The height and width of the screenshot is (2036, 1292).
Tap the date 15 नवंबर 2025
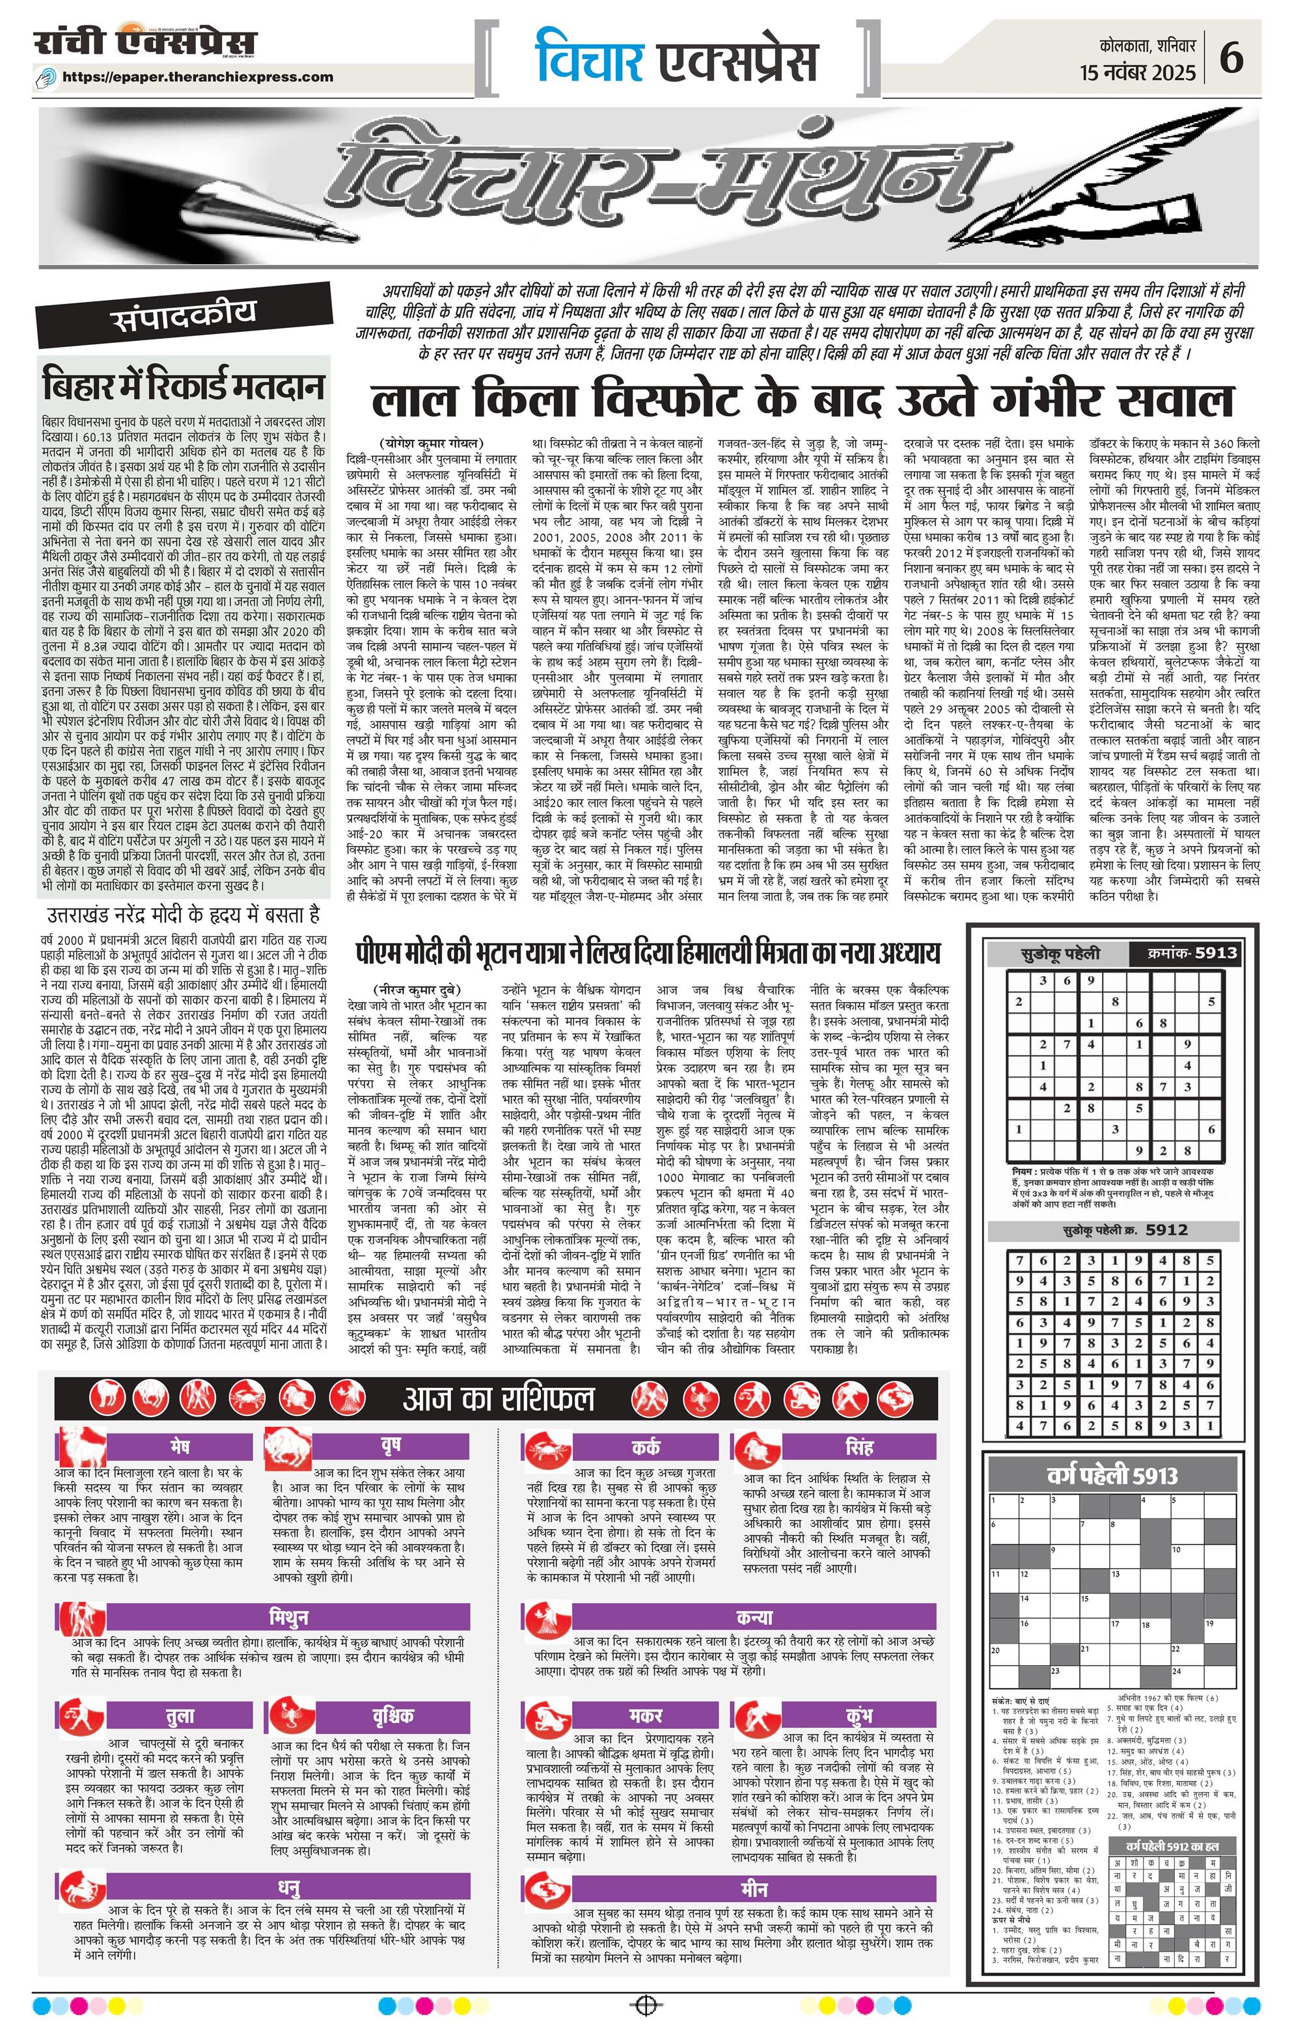[1138, 73]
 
